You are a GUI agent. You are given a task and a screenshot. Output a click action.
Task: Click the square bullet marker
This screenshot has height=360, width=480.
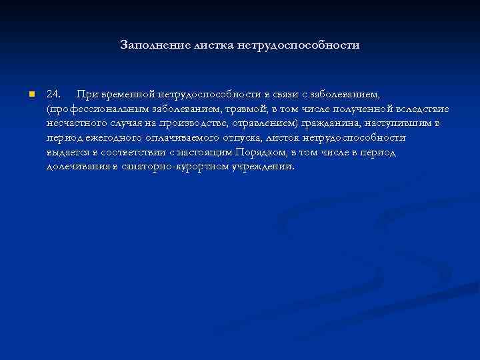coord(31,94)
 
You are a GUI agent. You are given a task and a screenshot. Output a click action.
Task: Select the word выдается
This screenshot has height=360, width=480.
coord(67,152)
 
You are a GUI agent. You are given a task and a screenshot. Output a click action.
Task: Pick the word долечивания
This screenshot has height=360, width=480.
coord(78,167)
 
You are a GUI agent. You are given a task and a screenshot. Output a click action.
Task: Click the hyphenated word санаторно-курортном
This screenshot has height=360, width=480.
coord(174,167)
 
